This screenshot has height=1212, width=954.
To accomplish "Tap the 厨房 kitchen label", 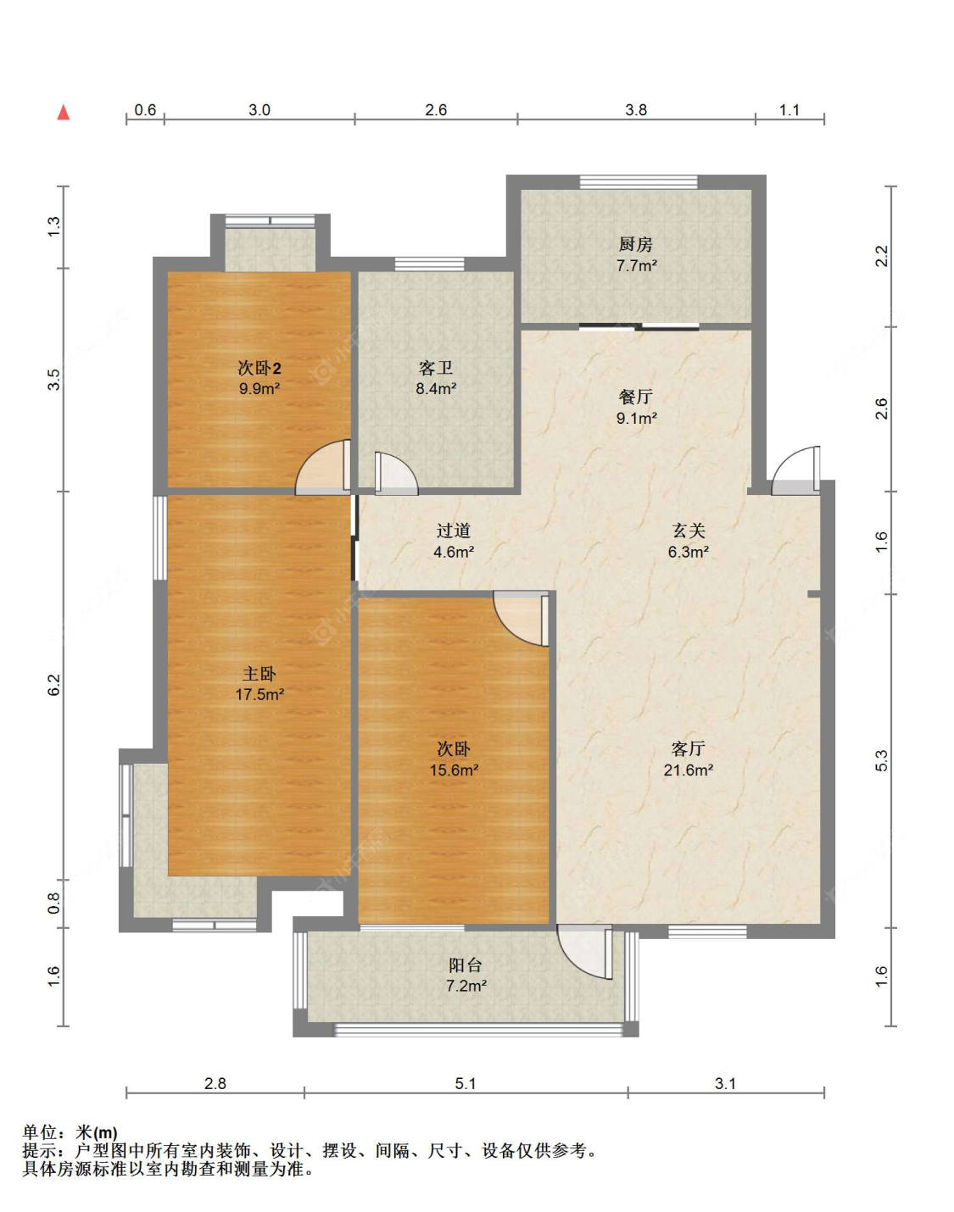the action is [636, 244].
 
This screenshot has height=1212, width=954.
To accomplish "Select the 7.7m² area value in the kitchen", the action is [637, 265].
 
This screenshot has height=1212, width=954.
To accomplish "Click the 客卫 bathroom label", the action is [436, 369].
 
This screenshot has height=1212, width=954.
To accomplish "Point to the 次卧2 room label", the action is [259, 369].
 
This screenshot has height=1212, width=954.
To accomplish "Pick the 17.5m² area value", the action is [259, 694].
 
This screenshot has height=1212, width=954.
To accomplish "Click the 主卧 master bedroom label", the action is [259, 674].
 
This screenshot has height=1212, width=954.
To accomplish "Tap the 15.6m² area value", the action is [455, 770].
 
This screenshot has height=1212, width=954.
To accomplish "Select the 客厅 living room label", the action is [688, 749].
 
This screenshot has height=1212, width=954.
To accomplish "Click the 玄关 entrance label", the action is [688, 531].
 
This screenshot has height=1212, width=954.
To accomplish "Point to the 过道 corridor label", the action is [454, 531].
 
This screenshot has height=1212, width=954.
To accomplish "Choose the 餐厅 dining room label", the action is [636, 397].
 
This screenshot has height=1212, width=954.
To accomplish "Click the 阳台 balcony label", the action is [466, 965].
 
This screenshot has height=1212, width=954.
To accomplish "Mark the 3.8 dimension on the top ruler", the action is [636, 110].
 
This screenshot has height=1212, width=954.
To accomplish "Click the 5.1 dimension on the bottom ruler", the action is [466, 1083].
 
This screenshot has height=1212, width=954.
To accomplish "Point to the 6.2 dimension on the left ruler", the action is [53, 685].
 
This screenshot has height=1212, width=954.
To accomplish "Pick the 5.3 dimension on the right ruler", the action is [882, 760].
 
